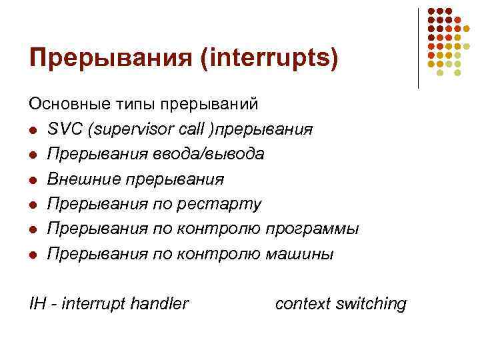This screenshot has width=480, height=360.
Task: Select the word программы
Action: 312,229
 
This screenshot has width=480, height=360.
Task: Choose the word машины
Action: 299,254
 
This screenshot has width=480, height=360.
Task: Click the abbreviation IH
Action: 37,304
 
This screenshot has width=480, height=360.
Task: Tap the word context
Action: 303,304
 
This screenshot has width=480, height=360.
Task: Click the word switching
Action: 371,304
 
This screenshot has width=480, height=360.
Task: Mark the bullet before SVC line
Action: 32,130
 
